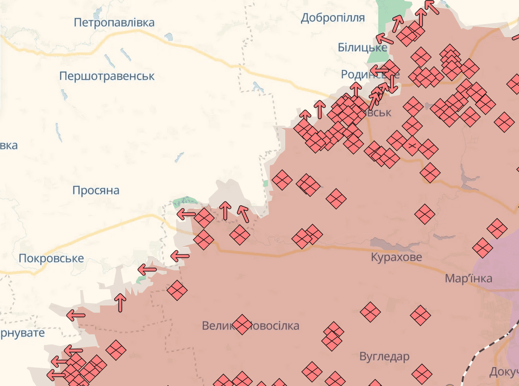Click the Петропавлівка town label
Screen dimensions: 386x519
[x=114, y=23]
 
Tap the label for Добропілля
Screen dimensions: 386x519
[x=333, y=18]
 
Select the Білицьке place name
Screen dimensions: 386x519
[x=362, y=48]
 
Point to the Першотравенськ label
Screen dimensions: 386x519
[x=106, y=76]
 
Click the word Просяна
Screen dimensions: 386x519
[x=95, y=191]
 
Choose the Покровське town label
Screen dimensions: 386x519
[x=51, y=258]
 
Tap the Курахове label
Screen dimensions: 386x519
[x=396, y=257]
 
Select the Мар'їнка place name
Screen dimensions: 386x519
[x=468, y=279]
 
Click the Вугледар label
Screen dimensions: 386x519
[x=384, y=357]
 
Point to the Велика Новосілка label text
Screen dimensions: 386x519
[x=251, y=326]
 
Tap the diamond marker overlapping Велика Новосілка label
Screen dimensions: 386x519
[x=242, y=324]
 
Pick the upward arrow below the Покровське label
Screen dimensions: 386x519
[x=120, y=303]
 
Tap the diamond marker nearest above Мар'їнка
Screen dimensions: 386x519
[x=482, y=248]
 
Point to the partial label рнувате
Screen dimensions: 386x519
[x=22, y=333]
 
